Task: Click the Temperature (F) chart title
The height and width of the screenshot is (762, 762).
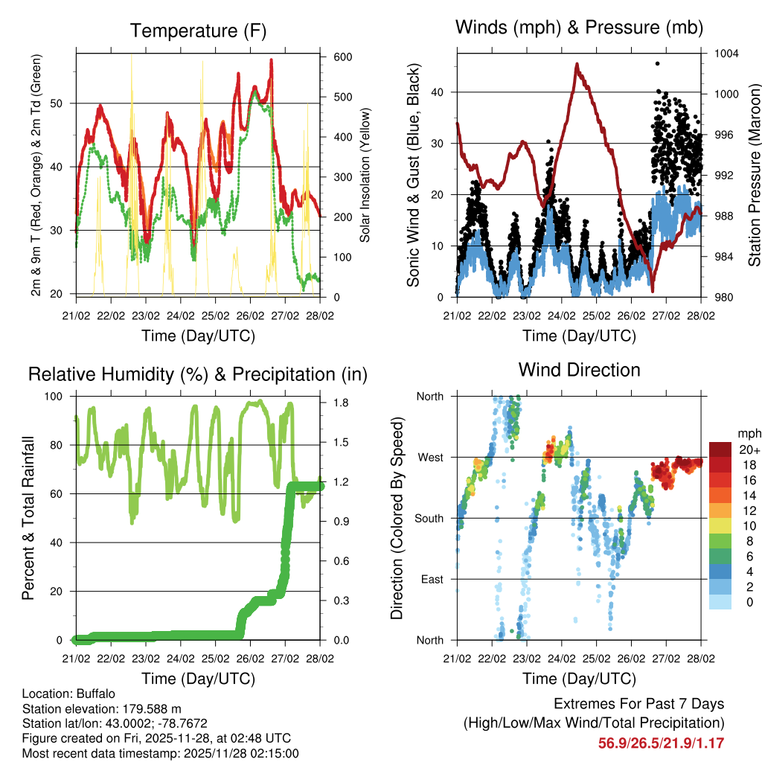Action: click(x=198, y=31)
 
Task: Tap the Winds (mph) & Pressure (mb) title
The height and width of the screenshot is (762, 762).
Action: click(x=579, y=28)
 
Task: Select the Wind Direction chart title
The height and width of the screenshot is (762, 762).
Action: click(x=579, y=370)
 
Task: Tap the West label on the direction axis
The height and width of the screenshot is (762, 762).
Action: click(x=429, y=457)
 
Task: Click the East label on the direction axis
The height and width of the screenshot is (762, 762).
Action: click(x=431, y=579)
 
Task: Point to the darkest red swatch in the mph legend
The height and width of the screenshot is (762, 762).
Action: click(x=720, y=449)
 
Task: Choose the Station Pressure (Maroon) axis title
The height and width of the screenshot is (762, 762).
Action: click(x=754, y=176)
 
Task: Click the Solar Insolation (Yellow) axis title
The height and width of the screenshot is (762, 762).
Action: click(x=365, y=176)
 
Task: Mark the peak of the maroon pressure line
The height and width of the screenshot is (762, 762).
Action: click(x=577, y=64)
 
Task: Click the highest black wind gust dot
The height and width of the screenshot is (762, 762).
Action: click(x=657, y=64)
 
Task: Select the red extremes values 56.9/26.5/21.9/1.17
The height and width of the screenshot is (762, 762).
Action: click(x=661, y=743)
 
